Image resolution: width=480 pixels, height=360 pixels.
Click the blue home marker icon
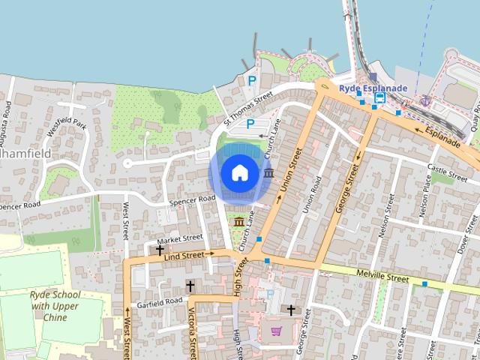coord(239,172)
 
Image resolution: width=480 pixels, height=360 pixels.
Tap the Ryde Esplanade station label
coord(373,88)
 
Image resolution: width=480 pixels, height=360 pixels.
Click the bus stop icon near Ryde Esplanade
coord(380,97)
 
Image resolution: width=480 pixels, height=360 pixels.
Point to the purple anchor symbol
coord(425,100)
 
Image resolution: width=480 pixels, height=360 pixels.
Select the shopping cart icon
coord(276,331)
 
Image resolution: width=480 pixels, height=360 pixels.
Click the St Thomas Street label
coord(248,109)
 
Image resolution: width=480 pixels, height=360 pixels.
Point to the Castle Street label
coord(447,169)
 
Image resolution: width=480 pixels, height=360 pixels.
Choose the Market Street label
coord(180,238)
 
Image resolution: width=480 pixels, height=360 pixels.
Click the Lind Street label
coord(184,256)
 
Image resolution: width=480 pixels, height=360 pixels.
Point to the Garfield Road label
coord(159,301)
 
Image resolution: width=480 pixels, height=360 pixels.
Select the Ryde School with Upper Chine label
coord(55,306)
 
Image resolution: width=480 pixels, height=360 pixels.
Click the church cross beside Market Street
coord(160,250)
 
